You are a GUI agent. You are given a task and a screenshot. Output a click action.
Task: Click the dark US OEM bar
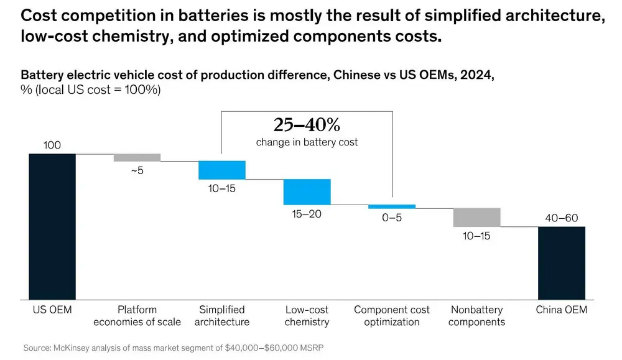click(x=52, y=226)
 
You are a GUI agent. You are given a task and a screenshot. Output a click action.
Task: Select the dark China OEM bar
click(x=562, y=262)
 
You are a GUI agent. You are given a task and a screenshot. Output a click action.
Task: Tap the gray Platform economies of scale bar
click(x=137, y=157)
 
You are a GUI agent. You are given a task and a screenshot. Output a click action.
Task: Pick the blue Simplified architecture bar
click(x=222, y=170)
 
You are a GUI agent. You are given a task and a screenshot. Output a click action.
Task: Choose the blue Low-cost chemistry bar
click(x=307, y=192)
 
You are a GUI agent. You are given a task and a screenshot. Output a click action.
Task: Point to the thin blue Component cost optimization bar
click(x=392, y=206)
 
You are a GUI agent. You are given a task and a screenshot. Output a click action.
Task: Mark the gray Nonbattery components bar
click(x=476, y=217)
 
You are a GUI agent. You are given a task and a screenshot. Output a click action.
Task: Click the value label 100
click(x=52, y=145)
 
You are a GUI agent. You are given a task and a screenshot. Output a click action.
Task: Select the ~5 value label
click(x=137, y=170)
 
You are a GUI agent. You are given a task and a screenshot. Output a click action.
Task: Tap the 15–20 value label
click(x=307, y=213)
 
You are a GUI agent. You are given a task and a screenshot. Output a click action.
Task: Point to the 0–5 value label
click(x=392, y=218)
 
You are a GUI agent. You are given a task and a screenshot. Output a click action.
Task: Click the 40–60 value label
click(x=562, y=218)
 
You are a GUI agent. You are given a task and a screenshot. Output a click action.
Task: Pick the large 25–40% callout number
click(x=307, y=125)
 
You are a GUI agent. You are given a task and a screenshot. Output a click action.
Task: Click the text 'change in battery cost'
click(x=307, y=142)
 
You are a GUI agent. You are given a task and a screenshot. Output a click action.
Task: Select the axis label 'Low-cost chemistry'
click(x=307, y=315)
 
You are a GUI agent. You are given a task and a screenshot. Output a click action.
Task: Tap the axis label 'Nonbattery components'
click(x=476, y=315)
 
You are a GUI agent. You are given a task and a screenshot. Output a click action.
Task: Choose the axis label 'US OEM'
click(x=52, y=309)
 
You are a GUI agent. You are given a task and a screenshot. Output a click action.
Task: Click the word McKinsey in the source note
click(x=74, y=348)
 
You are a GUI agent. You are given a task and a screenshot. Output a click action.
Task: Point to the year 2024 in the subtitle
click(x=479, y=75)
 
